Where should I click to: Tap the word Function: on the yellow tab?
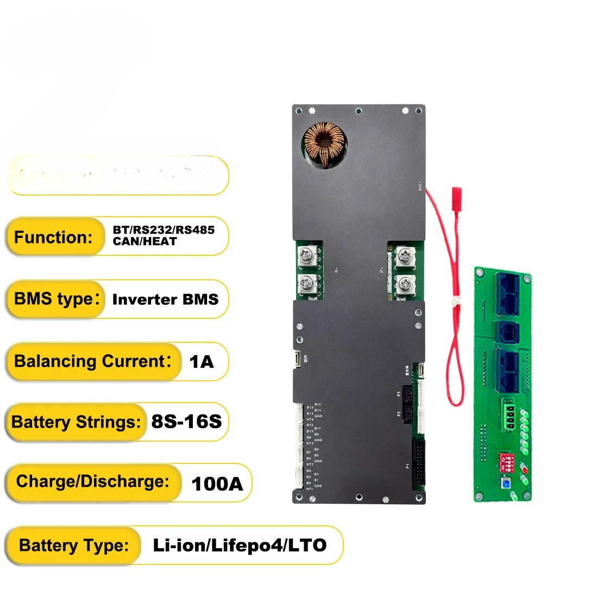(54, 237)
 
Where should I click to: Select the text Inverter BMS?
(165, 299)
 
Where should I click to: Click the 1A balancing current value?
(202, 361)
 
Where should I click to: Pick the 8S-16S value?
(186, 422)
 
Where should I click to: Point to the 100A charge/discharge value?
(217, 484)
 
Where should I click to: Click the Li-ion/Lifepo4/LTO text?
(240, 545)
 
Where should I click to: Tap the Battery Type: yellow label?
(74, 545)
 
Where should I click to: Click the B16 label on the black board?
(318, 405)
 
